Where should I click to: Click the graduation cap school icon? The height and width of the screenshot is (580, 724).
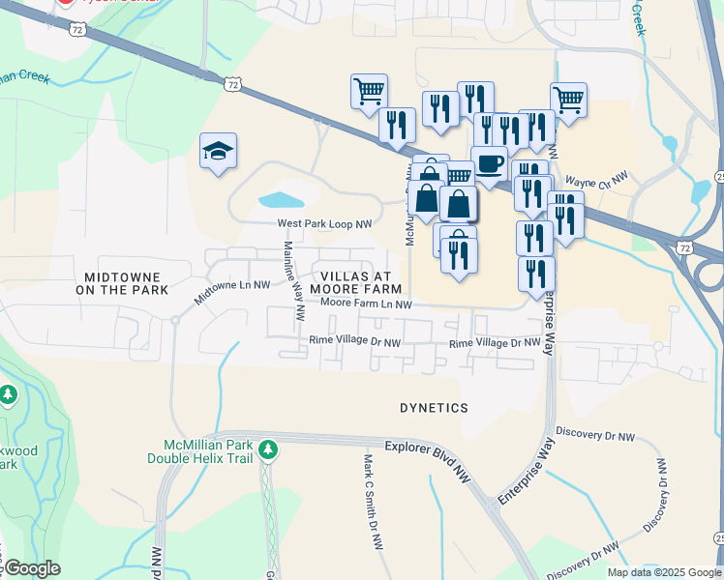coord(219,151)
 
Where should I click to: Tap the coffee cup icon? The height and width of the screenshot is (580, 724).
coord(490,162)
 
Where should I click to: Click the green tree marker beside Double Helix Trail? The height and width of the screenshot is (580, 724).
coord(268,449)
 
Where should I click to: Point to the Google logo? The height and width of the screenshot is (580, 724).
coord(32,568)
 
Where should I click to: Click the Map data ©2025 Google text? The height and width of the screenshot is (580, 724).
coord(663,572)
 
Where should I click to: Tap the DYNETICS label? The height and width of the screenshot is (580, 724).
coord(434,408)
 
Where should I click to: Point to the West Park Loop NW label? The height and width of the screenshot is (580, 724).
coord(324,224)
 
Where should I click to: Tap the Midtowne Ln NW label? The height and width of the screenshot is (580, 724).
coord(232,292)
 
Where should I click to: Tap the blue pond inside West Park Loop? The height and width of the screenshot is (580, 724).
coord(282,200)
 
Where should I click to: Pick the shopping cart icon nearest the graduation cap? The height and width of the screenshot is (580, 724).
coord(369,92)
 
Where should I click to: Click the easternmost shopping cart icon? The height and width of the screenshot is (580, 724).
coord(568,99)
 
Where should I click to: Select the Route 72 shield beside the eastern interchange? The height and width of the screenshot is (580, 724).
coord(685,248)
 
